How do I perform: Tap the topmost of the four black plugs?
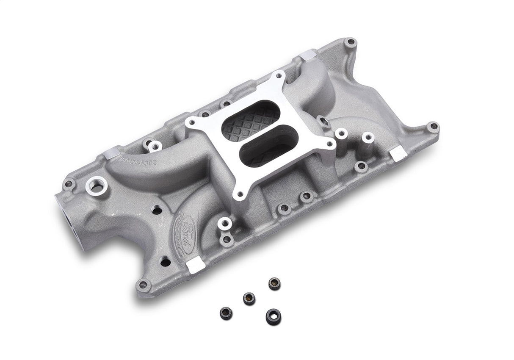pos(274,283)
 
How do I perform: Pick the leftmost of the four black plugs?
pos(226,313)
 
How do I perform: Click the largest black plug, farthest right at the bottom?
pos(274,316)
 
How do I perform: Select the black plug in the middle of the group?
pos(249,299)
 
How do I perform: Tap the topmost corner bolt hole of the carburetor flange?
pos(279,77)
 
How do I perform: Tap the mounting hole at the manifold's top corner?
pos(350,42)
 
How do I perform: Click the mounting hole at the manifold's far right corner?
pos(432,126)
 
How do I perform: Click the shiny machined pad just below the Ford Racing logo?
pos(195,265)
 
